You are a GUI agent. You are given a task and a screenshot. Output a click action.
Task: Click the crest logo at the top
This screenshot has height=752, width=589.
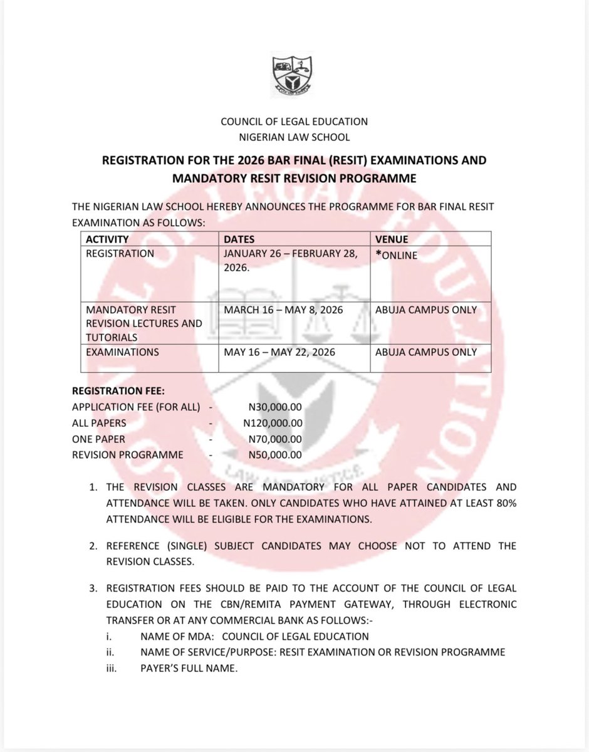point(294,75)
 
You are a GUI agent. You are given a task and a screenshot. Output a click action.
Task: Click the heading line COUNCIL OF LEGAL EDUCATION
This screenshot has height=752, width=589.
point(294,121)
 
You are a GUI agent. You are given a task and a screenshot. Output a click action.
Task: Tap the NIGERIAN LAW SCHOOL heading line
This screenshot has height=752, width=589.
point(294,137)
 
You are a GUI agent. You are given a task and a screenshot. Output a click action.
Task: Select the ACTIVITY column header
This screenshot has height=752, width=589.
point(107,239)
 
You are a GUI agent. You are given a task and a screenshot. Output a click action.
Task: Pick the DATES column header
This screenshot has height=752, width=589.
point(239,239)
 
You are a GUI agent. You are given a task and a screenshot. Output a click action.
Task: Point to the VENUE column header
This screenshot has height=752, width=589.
point(392,239)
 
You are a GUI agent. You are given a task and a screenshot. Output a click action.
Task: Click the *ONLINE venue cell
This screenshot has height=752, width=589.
point(396,254)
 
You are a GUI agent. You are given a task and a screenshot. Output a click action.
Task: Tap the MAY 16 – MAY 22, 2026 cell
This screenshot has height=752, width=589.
point(279,352)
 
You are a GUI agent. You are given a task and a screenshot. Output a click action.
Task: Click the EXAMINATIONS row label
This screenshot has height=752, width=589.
point(122,352)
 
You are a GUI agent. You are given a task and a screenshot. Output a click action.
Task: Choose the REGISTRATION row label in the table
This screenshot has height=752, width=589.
point(120,254)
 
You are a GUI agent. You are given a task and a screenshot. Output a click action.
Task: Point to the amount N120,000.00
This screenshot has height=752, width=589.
point(272,423)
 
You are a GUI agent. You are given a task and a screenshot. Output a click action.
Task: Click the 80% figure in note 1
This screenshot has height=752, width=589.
point(504,503)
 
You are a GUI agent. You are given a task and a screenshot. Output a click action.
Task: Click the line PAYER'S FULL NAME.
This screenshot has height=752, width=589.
point(189,668)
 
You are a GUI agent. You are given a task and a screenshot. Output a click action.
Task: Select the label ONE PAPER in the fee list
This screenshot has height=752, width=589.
point(98,439)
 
